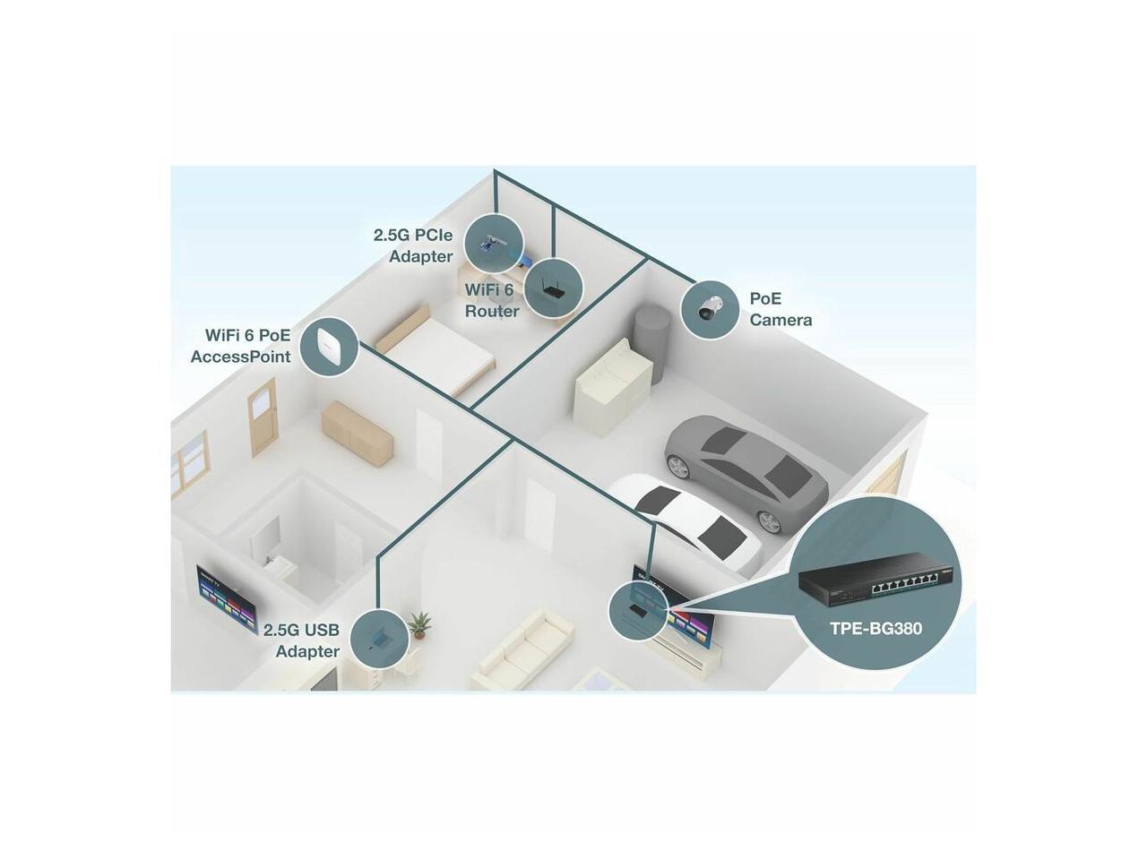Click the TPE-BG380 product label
[x=875, y=628]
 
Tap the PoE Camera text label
[x=780, y=308]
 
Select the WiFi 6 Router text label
[x=491, y=300]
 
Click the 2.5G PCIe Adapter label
[x=413, y=245]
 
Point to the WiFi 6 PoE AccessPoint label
[x=241, y=346]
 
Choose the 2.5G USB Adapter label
[x=302, y=641]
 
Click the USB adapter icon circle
[x=379, y=638]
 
